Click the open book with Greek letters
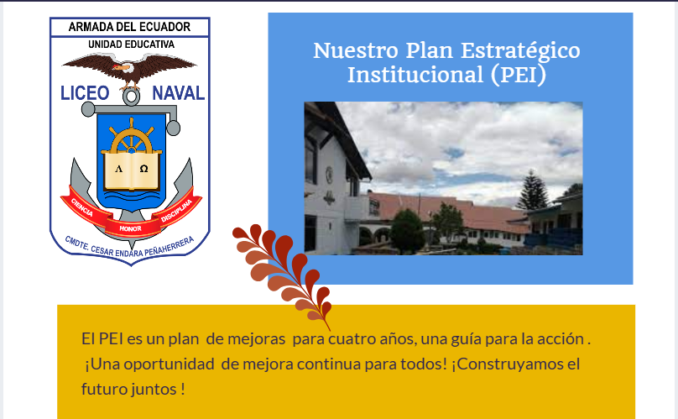tap(130, 166)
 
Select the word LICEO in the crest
tap(86, 93)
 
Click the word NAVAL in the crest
tap(178, 93)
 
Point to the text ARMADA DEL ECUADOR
tap(129, 27)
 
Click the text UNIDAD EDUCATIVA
tap(130, 43)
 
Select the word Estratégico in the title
tap(524, 50)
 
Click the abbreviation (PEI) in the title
tap(519, 75)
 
